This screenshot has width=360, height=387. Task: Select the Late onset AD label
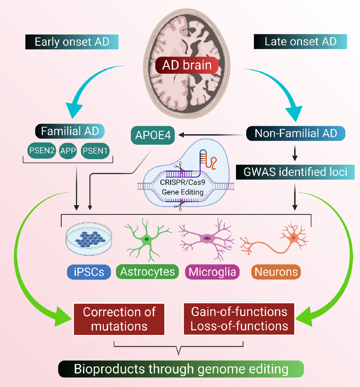300,42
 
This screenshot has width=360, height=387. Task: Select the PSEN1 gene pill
96,151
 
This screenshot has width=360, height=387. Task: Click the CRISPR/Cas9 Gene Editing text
183,188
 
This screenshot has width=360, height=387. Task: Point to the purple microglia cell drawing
206,239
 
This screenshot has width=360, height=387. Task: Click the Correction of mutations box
120,319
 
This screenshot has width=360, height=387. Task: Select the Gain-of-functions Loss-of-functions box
239,319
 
